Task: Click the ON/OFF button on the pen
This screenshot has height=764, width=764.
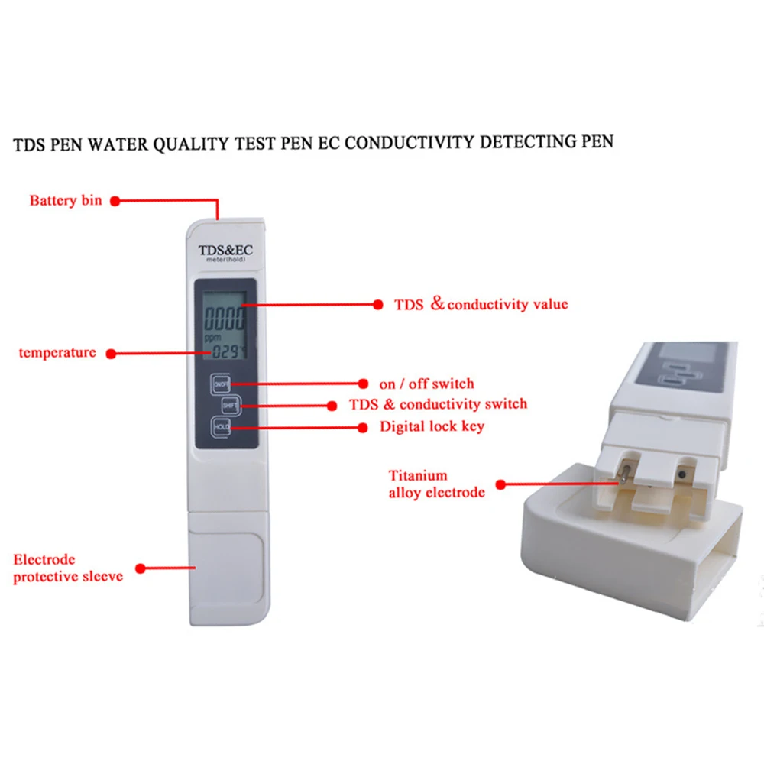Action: point(221,384)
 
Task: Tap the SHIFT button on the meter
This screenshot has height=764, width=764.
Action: point(231,406)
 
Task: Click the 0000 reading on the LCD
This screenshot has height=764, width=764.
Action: point(225,319)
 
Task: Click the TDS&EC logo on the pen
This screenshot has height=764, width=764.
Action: point(225,251)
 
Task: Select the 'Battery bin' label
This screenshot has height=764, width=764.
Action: point(66,200)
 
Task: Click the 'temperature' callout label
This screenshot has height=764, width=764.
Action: point(57,353)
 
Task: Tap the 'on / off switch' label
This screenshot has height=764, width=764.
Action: point(426,384)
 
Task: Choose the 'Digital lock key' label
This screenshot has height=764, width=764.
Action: point(432,426)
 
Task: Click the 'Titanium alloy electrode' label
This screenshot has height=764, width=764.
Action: point(436,484)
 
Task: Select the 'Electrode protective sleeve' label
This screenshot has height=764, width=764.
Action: point(68,568)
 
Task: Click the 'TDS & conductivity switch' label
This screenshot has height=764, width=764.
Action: point(438,404)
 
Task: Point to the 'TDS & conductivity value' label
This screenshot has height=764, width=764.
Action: point(481,304)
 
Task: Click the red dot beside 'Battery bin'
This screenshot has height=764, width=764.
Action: point(115,201)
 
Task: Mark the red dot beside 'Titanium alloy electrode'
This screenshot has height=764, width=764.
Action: point(500,484)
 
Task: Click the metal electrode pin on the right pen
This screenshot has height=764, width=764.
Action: point(624,474)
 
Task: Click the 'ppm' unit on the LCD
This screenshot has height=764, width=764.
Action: point(212,338)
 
